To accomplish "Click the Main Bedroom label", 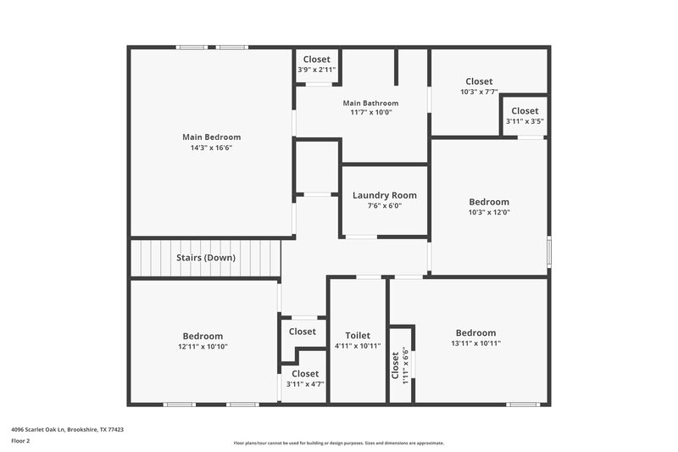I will click(211, 137).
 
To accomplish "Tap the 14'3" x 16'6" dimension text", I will click(211, 148).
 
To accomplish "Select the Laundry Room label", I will click(384, 195).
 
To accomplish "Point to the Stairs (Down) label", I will click(206, 257).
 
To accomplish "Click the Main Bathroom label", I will click(370, 103).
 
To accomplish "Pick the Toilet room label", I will click(358, 336).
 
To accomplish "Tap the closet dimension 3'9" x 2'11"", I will click(317, 70).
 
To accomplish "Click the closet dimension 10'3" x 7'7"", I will click(479, 92).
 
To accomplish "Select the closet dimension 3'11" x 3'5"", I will click(525, 121).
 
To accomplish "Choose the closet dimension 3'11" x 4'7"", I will click(305, 384).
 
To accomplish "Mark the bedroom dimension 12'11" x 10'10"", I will click(203, 346).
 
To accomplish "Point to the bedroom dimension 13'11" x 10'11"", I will click(475, 343).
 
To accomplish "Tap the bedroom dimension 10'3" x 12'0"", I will click(489, 212).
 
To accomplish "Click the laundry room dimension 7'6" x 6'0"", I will click(384, 205).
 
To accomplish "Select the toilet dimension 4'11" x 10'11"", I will click(358, 346).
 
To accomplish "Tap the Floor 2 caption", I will click(21, 441).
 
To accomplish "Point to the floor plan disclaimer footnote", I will click(338, 443).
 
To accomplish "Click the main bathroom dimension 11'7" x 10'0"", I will click(370, 113).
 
